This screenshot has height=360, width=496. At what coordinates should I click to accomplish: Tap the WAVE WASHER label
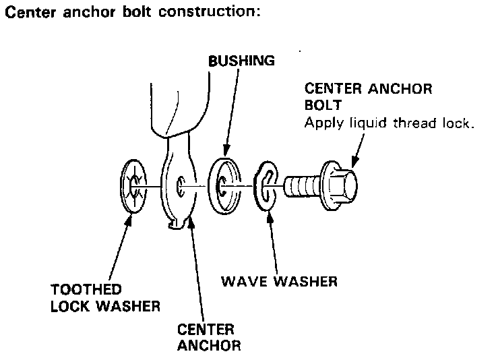[279, 280]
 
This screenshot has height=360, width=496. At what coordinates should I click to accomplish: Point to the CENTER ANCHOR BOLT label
[368, 98]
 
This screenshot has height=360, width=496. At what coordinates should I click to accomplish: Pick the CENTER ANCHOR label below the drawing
[208, 338]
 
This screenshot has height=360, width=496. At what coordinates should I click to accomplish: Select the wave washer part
[268, 187]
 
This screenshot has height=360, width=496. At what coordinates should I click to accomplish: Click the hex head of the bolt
[341, 181]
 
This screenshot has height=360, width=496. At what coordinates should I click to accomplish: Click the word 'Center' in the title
[26, 13]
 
